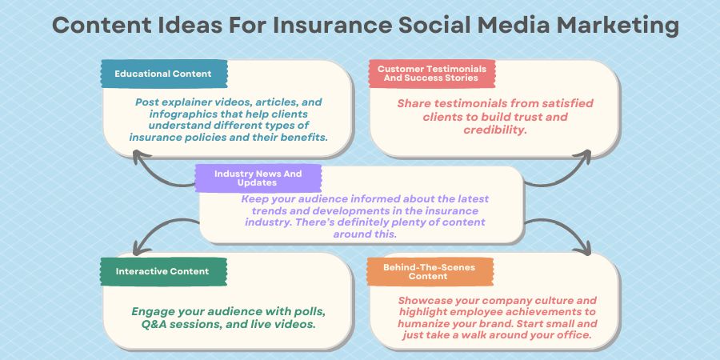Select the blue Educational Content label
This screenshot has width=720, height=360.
163,74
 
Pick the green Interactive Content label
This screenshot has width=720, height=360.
162,271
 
